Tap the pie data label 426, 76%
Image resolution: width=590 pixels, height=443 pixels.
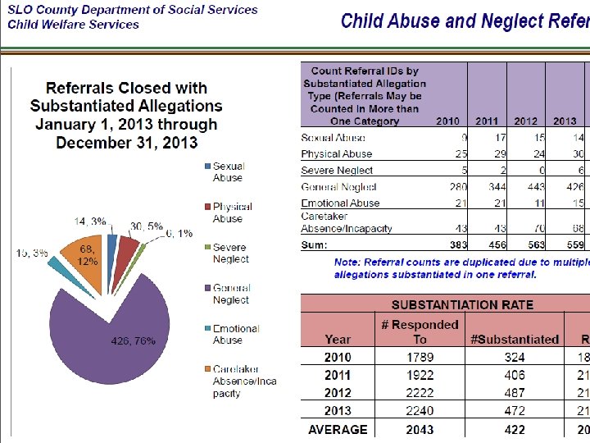pyautogui.click(x=133, y=341)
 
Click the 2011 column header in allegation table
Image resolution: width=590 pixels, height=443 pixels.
pyautogui.click(x=487, y=121)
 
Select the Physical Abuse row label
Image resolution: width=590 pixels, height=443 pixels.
pyautogui.click(x=336, y=154)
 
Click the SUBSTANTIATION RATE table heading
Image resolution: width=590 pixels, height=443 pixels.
pyautogui.click(x=462, y=304)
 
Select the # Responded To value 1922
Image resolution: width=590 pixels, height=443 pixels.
pyautogui.click(x=420, y=375)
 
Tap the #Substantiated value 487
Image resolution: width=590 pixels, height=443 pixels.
pyautogui.click(x=514, y=393)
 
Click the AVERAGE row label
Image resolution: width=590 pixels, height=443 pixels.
pyautogui.click(x=338, y=429)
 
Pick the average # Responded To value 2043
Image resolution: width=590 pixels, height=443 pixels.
pyautogui.click(x=420, y=429)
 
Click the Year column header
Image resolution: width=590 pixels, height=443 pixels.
pyautogui.click(x=338, y=339)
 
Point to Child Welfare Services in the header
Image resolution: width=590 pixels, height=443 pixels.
pyautogui.click(x=74, y=25)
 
